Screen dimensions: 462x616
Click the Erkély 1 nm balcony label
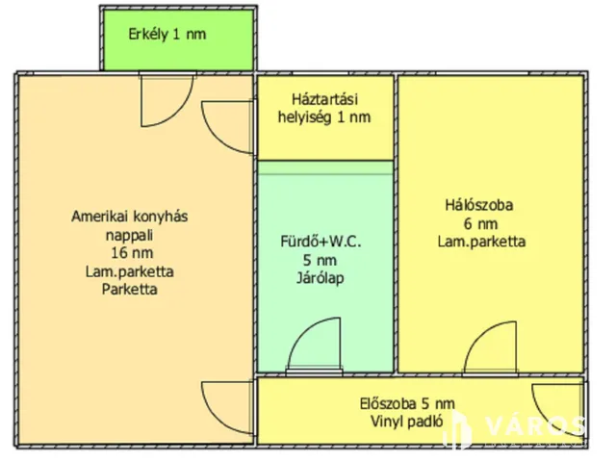[167, 35]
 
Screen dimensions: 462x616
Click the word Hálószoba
[479, 205]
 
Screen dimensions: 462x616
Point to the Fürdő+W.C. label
[321, 241]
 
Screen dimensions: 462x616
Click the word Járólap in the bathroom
[321, 279]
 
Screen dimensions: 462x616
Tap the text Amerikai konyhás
[130, 217]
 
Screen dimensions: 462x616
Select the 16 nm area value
[129, 253]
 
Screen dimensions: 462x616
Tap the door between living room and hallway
[231, 404]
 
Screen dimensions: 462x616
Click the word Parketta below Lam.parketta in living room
[129, 289]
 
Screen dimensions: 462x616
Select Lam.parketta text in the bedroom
[481, 242]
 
